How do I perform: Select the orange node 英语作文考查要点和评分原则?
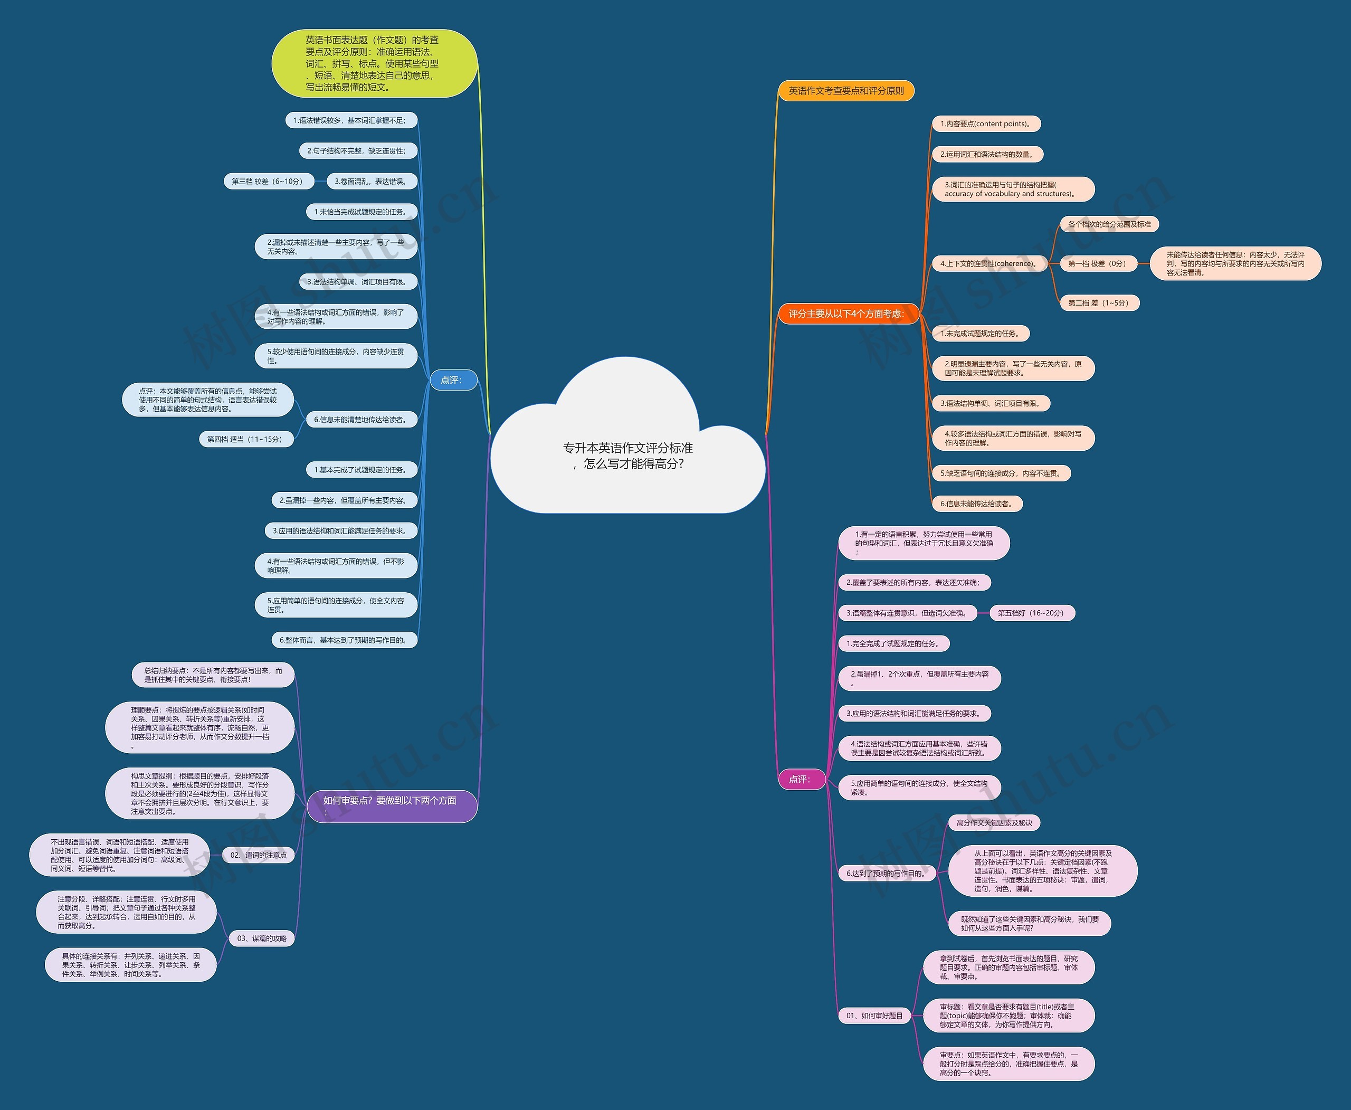[x=845, y=91]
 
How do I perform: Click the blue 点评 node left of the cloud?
[x=453, y=380]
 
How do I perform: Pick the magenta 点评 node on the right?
[x=801, y=779]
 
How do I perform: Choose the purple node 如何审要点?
[x=391, y=805]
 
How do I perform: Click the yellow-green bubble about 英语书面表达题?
[x=374, y=63]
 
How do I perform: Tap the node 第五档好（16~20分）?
[x=1031, y=613]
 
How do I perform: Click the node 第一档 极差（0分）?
[x=1098, y=263]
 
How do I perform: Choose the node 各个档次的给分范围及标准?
[x=1109, y=224]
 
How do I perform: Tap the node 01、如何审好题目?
[x=874, y=1016]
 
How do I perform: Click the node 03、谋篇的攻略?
[x=262, y=938]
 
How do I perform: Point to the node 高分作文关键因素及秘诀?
[x=994, y=822]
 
